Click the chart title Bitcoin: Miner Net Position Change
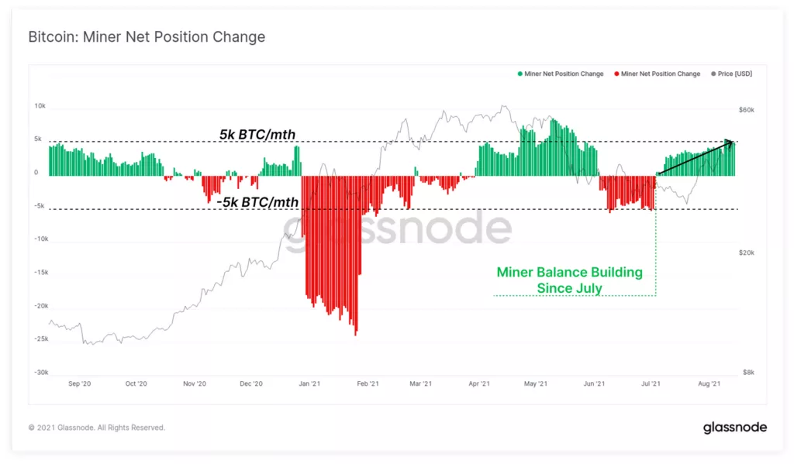pos(147,37)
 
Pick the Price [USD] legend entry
pos(732,74)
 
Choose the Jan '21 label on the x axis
pos(309,383)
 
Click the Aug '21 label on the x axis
pos(710,383)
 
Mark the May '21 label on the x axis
pos(537,383)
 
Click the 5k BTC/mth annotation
pos(257,136)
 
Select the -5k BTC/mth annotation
pos(257,202)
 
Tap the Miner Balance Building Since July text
pos(570,280)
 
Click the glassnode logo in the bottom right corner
pos(734,428)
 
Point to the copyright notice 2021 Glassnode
pos(96,428)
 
